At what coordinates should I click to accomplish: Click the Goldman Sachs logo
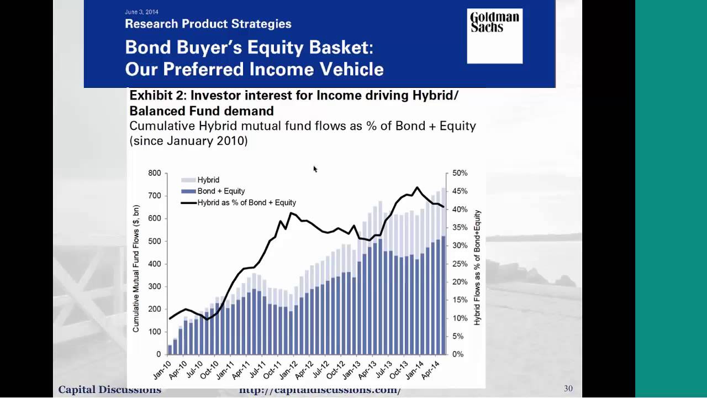pyautogui.click(x=494, y=36)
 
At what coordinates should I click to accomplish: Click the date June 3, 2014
pyautogui.click(x=141, y=12)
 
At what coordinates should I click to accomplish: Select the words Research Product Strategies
pyautogui.click(x=208, y=24)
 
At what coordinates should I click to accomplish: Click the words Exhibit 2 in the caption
pyautogui.click(x=154, y=96)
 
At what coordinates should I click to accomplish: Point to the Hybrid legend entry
pyautogui.click(x=208, y=180)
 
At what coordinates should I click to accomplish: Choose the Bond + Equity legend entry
pyautogui.click(x=220, y=191)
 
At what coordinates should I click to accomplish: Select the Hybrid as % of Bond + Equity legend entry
pyautogui.click(x=246, y=203)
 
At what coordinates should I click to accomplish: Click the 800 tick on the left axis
pyautogui.click(x=155, y=173)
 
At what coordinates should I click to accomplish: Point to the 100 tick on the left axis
pyautogui.click(x=155, y=332)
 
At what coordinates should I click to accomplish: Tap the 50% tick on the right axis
pyautogui.click(x=460, y=173)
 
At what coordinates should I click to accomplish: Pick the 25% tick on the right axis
pyautogui.click(x=460, y=264)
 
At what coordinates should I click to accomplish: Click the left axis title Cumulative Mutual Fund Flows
pyautogui.click(x=136, y=269)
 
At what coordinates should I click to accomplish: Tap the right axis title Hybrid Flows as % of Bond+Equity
pyautogui.click(x=477, y=268)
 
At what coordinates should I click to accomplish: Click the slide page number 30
pyautogui.click(x=568, y=389)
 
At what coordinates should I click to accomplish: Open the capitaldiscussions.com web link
pyautogui.click(x=320, y=390)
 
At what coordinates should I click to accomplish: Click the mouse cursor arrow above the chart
pyautogui.click(x=315, y=169)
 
